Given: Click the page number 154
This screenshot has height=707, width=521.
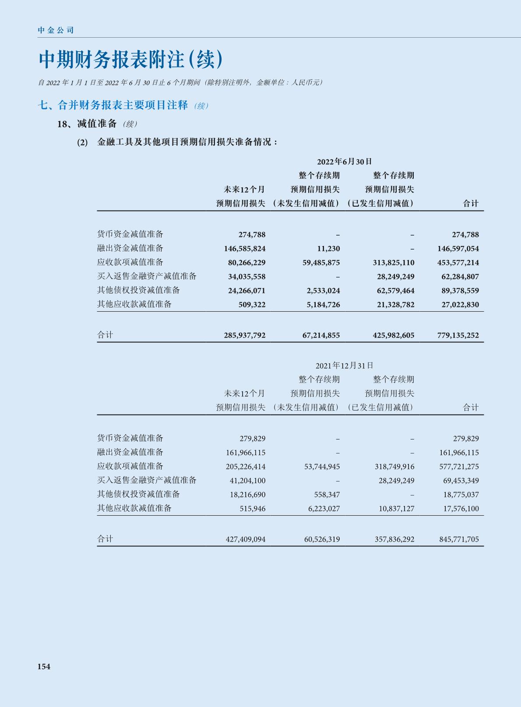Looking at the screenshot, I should pos(44,666).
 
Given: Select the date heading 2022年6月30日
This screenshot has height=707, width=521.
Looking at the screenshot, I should pos(345,162).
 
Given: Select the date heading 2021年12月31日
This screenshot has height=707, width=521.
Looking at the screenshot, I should pos(345,365).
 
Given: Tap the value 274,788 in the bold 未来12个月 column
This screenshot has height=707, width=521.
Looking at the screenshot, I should pos(252,235).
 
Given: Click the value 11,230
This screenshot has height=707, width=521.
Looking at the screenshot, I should pos(328,249).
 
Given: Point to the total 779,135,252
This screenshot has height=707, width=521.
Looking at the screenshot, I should pos(458,335).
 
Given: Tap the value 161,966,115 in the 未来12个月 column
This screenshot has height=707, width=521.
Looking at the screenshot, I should pos(246,453).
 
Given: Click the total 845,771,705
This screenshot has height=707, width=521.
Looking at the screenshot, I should pos(459,539).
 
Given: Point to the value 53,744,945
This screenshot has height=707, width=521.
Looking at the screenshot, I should pos(322,467).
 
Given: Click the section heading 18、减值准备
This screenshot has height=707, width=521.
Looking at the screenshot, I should pos(87,124).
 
